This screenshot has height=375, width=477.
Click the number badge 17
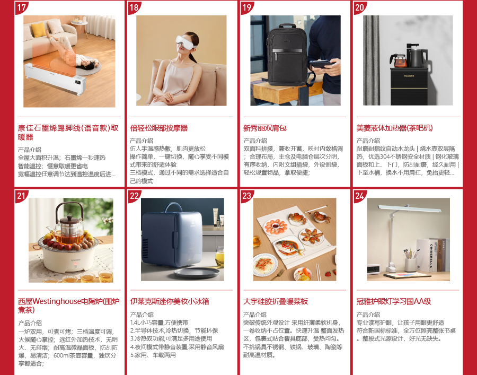[21, 7]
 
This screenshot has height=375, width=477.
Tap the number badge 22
[134, 196]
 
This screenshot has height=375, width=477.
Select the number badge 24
[359, 196]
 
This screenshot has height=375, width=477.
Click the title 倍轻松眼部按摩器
[159, 128]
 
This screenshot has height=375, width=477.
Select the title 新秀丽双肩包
[264, 128]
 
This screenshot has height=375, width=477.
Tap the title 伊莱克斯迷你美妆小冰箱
[170, 301]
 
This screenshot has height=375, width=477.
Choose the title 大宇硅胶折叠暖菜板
[276, 301]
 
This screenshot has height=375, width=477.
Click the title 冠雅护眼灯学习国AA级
[394, 301]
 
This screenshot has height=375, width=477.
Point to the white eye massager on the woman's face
[185, 42]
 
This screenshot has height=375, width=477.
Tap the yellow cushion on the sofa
[39, 30]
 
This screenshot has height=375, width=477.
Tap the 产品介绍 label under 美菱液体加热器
[368, 141]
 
